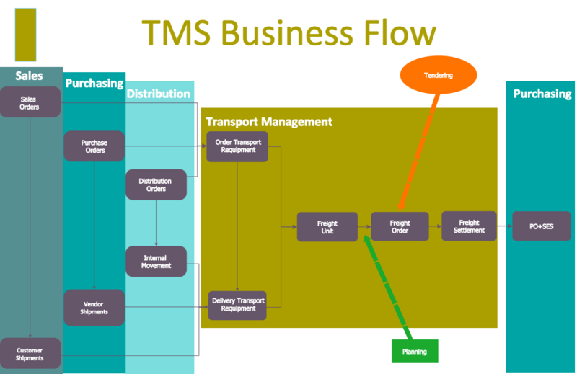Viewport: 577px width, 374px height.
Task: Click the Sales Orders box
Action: pyautogui.click(x=29, y=102)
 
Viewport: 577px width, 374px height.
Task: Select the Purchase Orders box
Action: pyautogui.click(x=94, y=146)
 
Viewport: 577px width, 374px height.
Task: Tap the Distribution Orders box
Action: pyautogui.click(x=156, y=184)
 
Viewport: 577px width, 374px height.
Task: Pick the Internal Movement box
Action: pyautogui.click(x=156, y=262)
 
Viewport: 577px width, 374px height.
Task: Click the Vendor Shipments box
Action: pyautogui.click(x=94, y=308)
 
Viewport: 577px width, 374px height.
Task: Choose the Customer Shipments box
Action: pyautogui.click(x=30, y=354)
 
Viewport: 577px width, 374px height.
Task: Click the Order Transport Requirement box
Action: pyautogui.click(x=237, y=146)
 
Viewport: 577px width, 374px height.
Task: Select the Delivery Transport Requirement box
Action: pyautogui.click(x=237, y=305)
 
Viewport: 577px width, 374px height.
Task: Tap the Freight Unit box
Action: pyautogui.click(x=327, y=227)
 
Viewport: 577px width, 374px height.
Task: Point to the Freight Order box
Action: pyautogui.click(x=400, y=227)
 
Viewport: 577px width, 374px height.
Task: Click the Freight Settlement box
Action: pyautogui.click(x=469, y=226)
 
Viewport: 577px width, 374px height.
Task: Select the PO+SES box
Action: pyautogui.click(x=542, y=226)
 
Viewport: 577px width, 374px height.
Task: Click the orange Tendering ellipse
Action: pyautogui.click(x=438, y=76)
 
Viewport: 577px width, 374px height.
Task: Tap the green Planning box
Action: pyautogui.click(x=415, y=352)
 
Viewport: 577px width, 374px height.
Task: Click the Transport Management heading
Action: pyautogui.click(x=269, y=122)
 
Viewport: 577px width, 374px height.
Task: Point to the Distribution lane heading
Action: pyautogui.click(x=159, y=94)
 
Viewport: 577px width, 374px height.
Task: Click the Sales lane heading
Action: pyautogui.click(x=30, y=76)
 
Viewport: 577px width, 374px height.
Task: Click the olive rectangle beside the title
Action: pyautogui.click(x=25, y=33)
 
